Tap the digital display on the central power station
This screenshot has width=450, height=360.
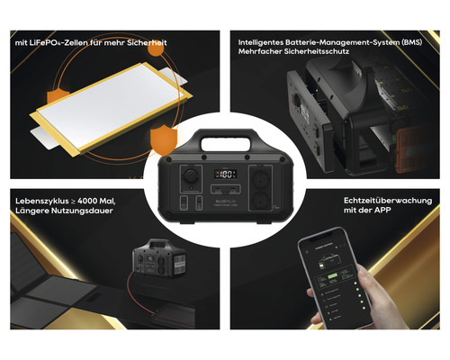tap(225, 175)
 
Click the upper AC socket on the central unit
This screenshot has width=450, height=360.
tap(265, 176)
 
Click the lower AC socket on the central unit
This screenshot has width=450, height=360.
tap(265, 201)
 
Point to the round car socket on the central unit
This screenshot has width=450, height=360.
tap(189, 176)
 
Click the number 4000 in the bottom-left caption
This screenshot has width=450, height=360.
tap(87, 199)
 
